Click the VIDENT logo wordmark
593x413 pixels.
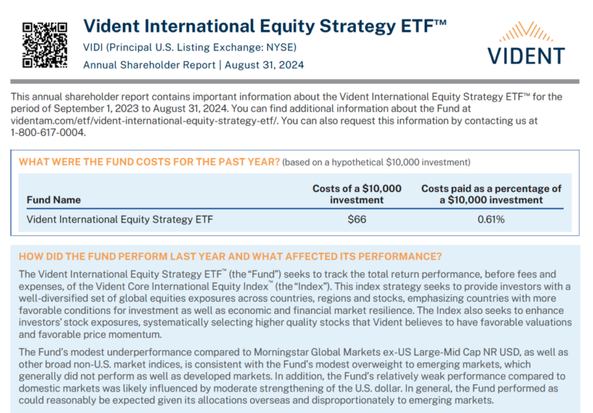(526, 56)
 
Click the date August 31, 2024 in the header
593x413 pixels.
(263, 65)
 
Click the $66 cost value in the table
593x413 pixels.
(357, 219)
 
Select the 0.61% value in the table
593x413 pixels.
(491, 219)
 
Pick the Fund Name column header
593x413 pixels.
(53, 200)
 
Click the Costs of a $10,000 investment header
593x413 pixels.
(357, 194)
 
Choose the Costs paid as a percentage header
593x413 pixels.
(491, 194)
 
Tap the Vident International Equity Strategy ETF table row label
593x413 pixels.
(120, 219)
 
